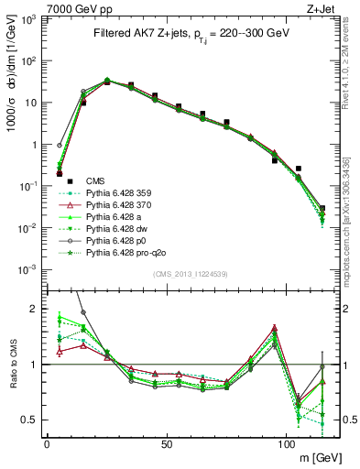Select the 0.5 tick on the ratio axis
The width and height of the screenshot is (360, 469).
(32, 420)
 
